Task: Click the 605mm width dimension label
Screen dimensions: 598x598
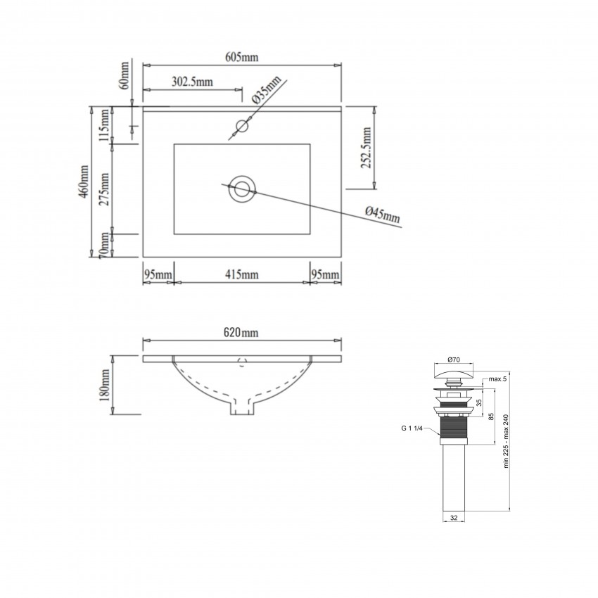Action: click(x=241, y=57)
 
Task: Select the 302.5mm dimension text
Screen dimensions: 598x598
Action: click(x=192, y=82)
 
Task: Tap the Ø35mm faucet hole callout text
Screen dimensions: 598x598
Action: click(x=266, y=89)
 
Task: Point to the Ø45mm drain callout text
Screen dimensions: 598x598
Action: click(x=383, y=215)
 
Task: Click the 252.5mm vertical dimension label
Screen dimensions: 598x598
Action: click(x=366, y=148)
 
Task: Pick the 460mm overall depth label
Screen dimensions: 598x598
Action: click(x=83, y=182)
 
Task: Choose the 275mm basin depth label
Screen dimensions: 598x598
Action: click(x=104, y=189)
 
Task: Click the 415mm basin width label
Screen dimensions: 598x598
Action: click(x=241, y=274)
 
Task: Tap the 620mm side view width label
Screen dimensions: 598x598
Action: click(x=241, y=333)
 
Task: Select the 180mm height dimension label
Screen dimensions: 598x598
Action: click(x=105, y=384)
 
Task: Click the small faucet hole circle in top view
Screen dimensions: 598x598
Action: click(x=242, y=126)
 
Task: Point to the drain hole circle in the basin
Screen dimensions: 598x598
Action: click(x=242, y=189)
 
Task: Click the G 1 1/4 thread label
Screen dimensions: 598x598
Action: click(x=412, y=428)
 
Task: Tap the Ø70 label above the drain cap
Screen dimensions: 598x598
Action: click(x=454, y=360)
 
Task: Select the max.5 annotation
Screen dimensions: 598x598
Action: click(x=497, y=379)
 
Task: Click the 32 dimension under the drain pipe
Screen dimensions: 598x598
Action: click(x=454, y=518)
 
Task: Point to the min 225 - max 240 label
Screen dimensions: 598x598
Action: click(x=506, y=441)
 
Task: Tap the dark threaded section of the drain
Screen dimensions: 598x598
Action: click(x=454, y=427)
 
